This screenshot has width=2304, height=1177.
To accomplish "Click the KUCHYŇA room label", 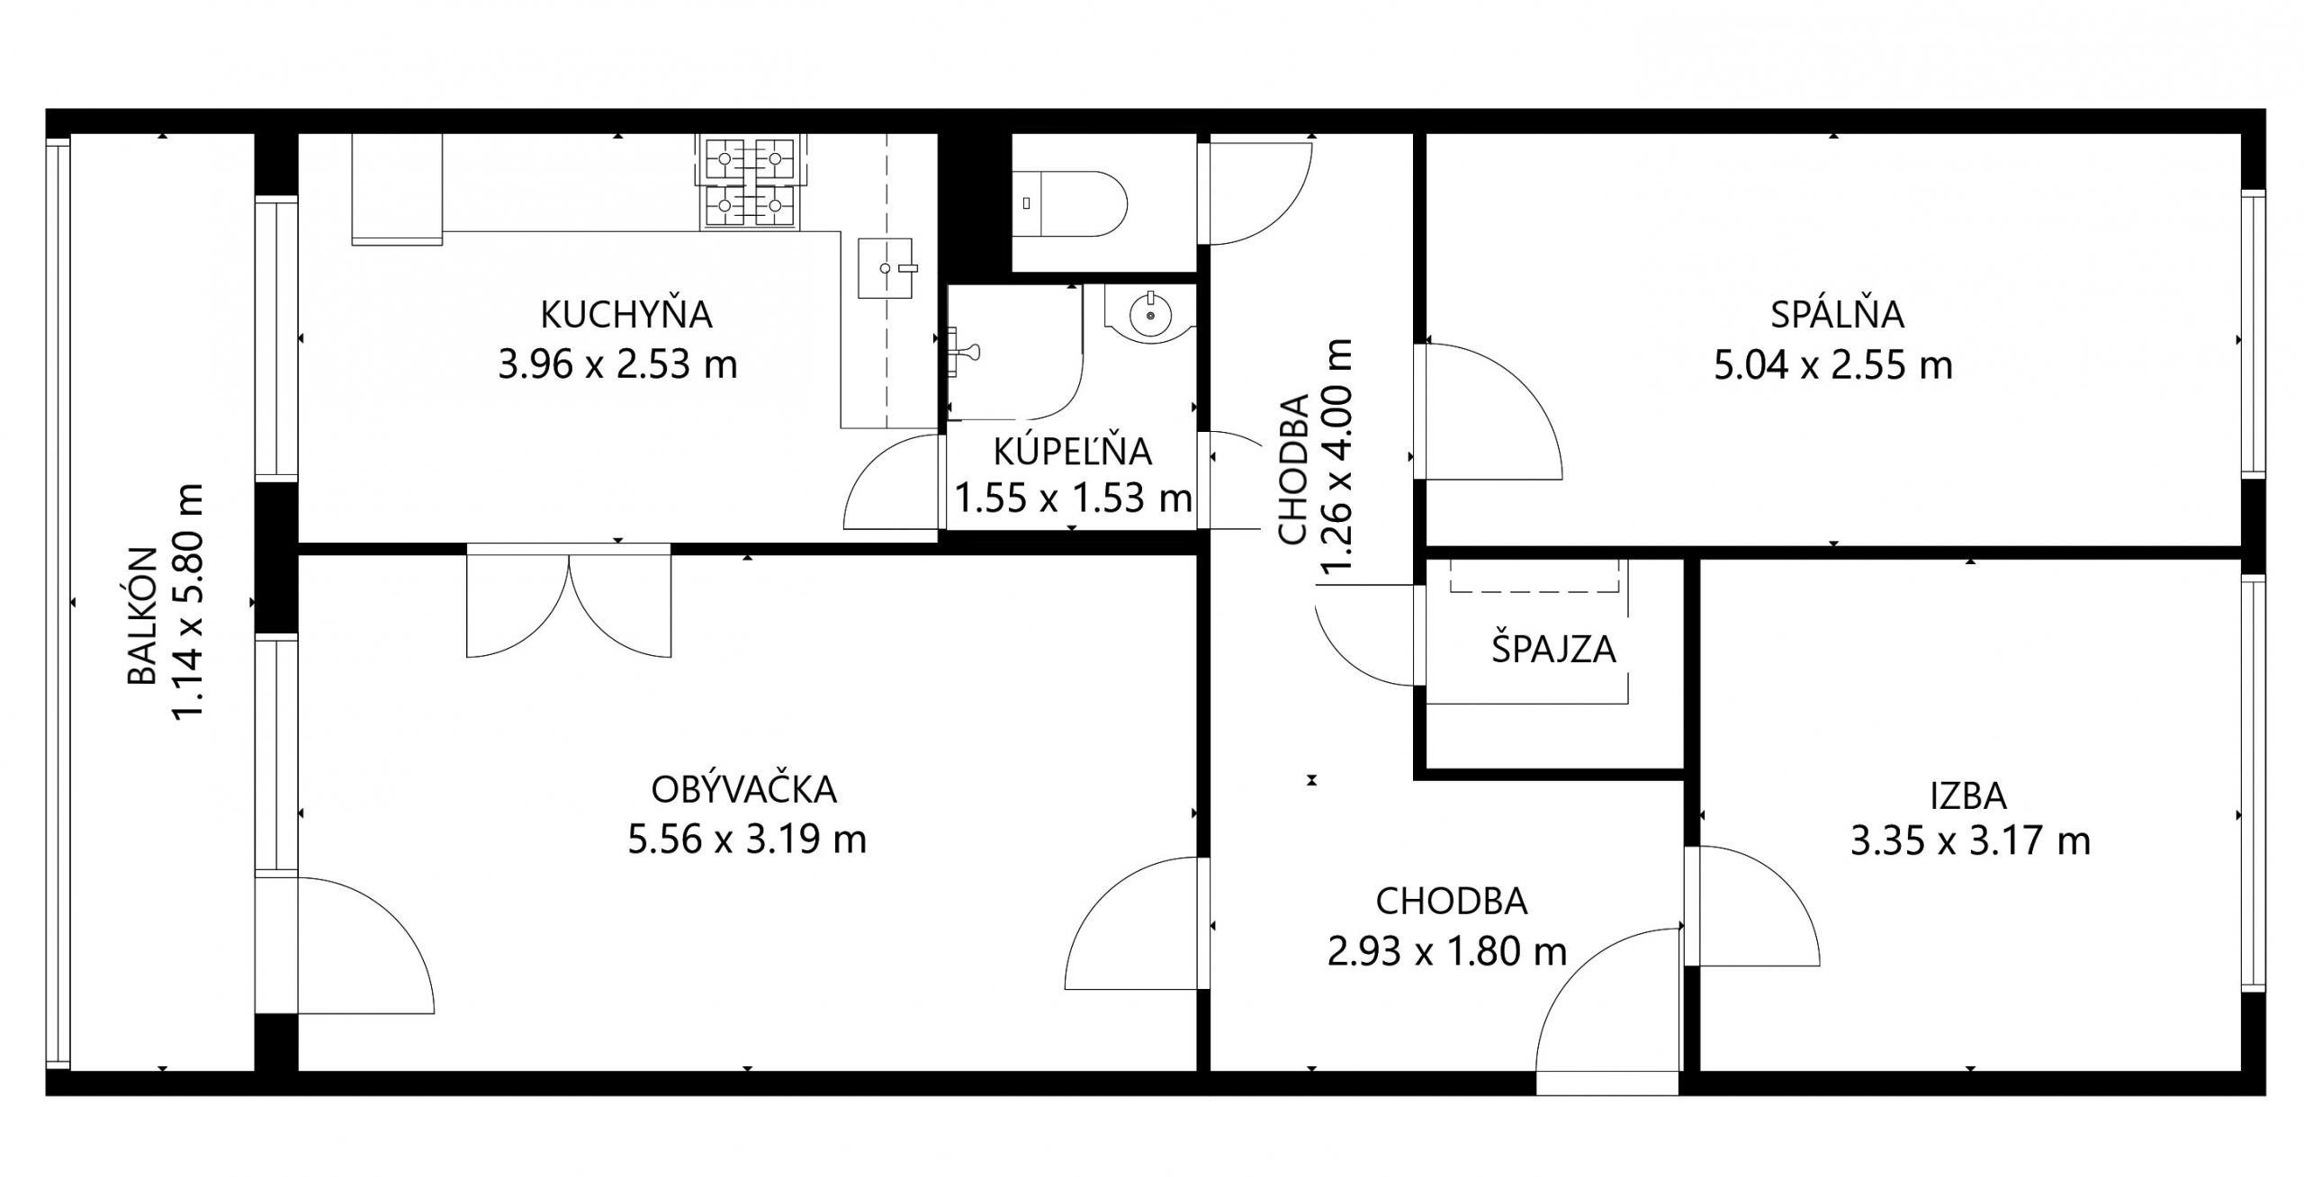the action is coord(626,314).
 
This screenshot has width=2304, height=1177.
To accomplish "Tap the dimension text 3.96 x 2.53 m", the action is coord(617,364).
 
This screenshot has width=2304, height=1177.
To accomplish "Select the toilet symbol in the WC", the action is coord(1069,203).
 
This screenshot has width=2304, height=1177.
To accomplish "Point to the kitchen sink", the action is coord(886,268).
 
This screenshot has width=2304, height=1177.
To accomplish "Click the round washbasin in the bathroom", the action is coord(1149,315).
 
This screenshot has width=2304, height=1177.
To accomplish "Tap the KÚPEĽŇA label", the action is coord(1072,451).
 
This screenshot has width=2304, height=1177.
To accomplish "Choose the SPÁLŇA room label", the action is coord(1837,314).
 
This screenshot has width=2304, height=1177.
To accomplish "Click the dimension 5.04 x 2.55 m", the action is coord(1833,365).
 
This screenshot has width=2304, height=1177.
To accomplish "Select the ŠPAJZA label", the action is coord(1553,648).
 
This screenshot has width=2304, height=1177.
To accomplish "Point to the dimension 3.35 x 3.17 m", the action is coord(1970,841).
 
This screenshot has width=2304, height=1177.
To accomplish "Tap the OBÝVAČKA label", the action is coord(744,789).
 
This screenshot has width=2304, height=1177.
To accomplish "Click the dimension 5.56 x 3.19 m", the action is coord(747,840).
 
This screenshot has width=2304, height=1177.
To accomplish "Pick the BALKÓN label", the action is coord(142,616).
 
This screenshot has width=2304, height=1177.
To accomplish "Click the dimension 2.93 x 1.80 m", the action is coord(1447,951).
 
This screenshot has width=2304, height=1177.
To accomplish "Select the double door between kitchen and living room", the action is coord(569,600).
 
